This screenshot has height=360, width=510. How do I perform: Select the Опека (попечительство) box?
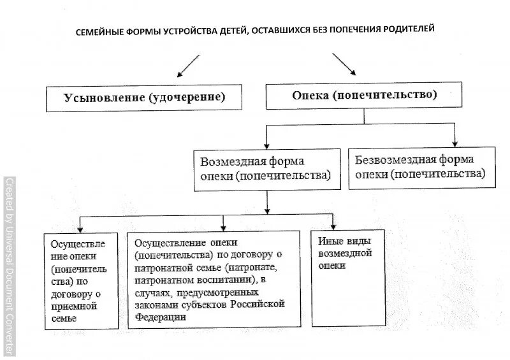click(364, 96)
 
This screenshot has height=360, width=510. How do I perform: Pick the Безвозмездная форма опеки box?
click(421, 166)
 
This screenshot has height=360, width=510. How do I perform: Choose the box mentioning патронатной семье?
click(214, 279)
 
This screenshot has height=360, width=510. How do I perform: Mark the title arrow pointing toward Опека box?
click(345, 64)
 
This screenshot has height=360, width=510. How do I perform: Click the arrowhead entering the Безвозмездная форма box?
click(455, 143)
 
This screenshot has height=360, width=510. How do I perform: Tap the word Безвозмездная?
click(390, 160)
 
